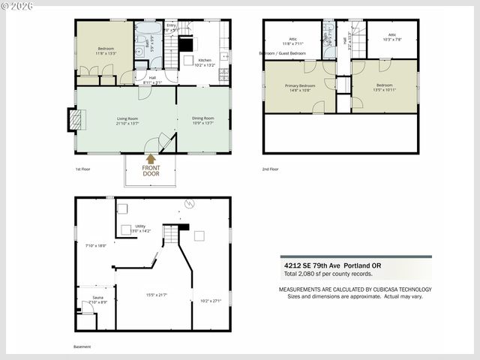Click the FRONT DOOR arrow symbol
(151, 159)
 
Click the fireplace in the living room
(74, 120)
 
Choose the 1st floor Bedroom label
(104, 49)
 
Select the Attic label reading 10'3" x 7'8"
(391, 37)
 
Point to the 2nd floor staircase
(358, 38)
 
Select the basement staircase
(172, 235)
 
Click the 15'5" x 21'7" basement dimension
(156, 295)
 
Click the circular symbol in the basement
(190, 203)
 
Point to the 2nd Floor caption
(270, 169)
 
